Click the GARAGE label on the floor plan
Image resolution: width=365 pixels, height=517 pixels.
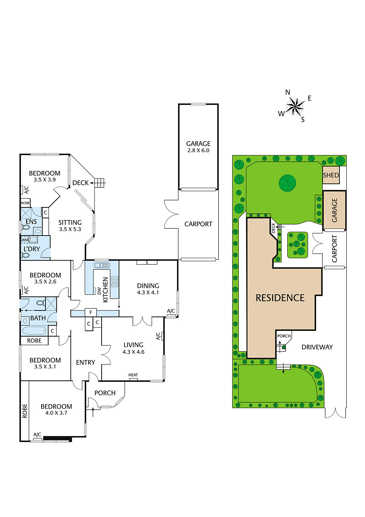coord(198,144)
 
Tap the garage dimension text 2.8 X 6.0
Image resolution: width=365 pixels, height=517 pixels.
coord(198,151)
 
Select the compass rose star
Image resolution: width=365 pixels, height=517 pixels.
coord(295,106)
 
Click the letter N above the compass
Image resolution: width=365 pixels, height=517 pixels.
coord(288,92)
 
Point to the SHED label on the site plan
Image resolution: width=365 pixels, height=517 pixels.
coord(331,175)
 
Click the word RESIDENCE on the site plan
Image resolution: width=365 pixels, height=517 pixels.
coord(280,298)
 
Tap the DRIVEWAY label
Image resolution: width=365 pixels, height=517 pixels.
coord(317,347)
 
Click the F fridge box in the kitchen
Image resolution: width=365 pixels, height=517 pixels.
coord(91,312)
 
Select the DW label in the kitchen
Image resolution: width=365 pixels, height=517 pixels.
coord(99,291)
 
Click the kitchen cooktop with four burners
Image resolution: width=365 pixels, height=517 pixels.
coord(115,281)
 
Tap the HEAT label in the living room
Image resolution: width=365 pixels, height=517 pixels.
coord(133,375)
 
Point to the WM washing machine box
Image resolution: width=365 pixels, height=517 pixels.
coord(25,240)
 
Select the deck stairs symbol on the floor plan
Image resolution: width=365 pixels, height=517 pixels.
coord(100,183)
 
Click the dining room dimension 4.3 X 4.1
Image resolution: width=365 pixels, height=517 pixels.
coord(148,293)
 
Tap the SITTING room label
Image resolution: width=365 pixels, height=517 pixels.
coord(70,223)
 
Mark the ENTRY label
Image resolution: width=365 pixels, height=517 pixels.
coord(86,363)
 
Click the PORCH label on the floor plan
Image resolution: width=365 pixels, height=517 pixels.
coord(105,393)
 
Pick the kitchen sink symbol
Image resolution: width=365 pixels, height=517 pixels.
coord(101,265)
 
